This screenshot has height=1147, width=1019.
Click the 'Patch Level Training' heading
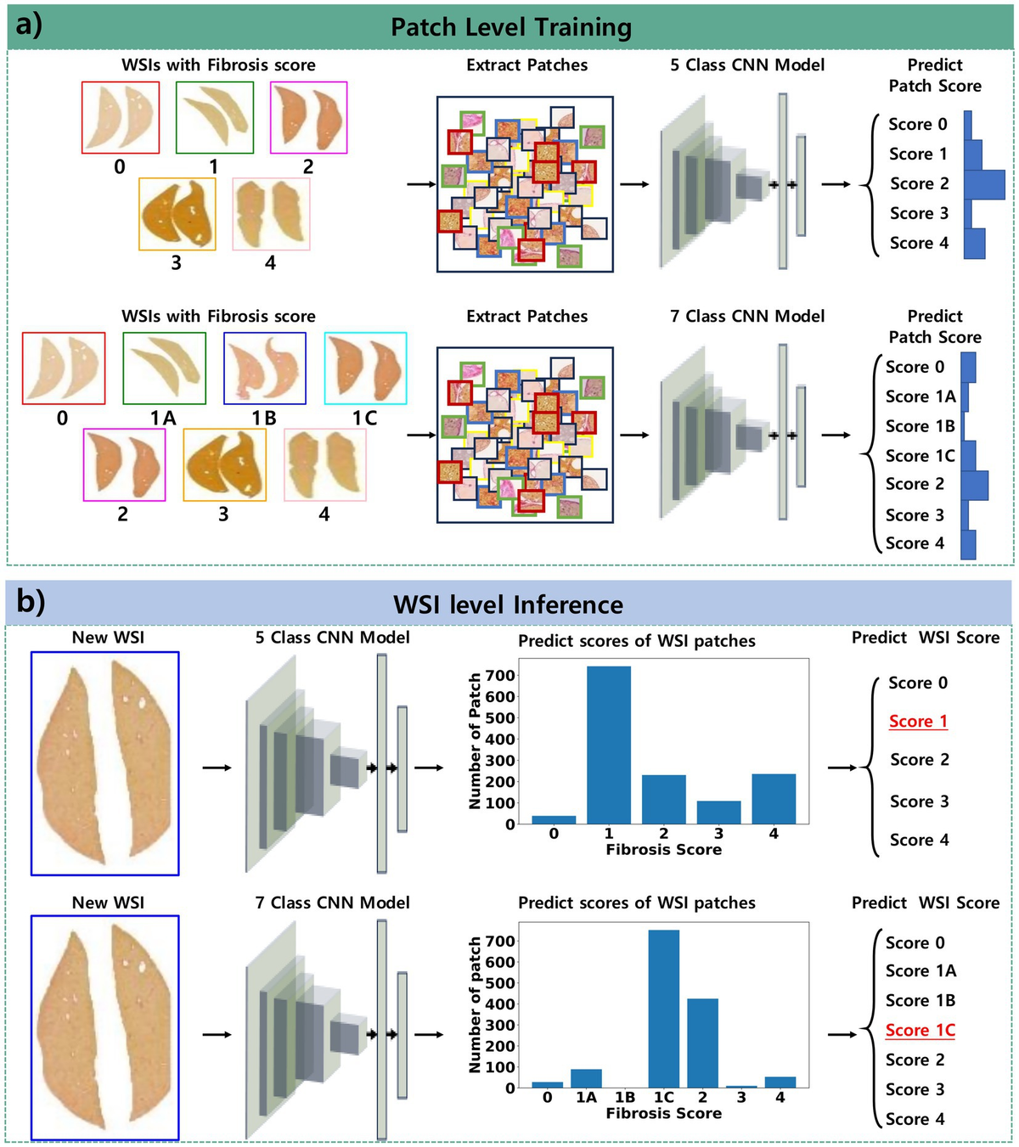(510, 27)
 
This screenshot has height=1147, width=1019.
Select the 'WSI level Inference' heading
(508, 604)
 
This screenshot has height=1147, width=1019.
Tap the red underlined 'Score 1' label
(918, 722)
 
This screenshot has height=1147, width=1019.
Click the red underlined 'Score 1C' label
(920, 1031)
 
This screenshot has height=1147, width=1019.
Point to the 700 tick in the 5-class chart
(501, 676)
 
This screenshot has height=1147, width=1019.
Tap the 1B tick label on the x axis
(624, 1098)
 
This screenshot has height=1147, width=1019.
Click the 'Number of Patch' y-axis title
(476, 740)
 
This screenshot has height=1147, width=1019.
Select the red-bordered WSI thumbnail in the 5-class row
(121, 117)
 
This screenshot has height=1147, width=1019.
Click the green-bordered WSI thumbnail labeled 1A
(164, 368)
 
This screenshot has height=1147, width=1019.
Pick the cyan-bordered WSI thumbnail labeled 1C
(365, 368)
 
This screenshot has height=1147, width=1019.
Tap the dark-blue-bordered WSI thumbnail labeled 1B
(265, 368)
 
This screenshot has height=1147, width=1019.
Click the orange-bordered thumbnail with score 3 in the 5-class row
(177, 213)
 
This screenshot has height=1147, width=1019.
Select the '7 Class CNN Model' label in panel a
(747, 316)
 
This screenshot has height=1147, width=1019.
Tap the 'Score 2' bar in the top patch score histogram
(983, 184)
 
